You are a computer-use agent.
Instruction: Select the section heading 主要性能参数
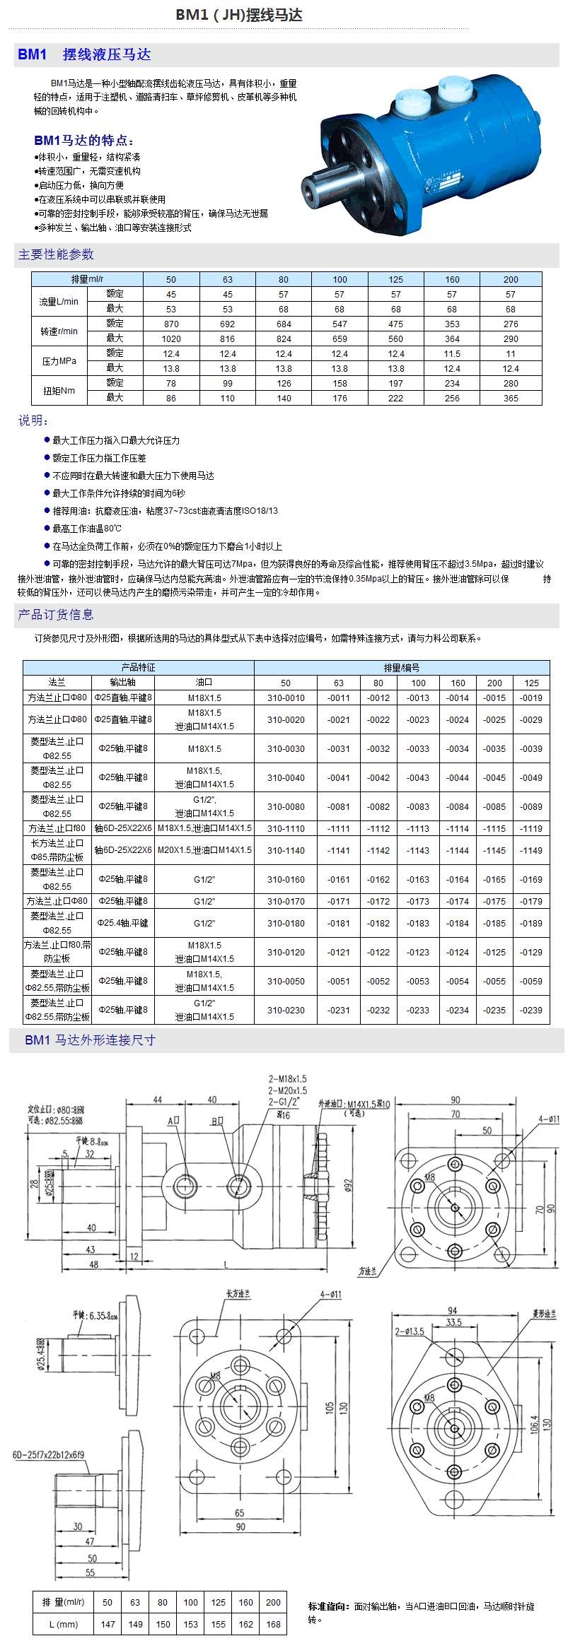click(56, 254)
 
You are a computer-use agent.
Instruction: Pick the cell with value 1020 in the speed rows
click(171, 339)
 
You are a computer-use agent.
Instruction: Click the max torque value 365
click(511, 398)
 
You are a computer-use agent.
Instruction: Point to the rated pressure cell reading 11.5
click(452, 353)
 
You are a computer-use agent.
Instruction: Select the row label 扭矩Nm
click(59, 391)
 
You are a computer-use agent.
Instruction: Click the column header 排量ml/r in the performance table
click(87, 279)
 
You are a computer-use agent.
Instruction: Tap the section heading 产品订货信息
click(56, 615)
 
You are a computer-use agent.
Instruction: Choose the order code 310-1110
click(286, 828)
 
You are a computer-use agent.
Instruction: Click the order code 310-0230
click(286, 1010)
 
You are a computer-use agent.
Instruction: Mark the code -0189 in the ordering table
click(531, 923)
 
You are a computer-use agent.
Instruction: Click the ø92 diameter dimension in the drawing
click(347, 1184)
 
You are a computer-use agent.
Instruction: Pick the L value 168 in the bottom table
click(273, 1624)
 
